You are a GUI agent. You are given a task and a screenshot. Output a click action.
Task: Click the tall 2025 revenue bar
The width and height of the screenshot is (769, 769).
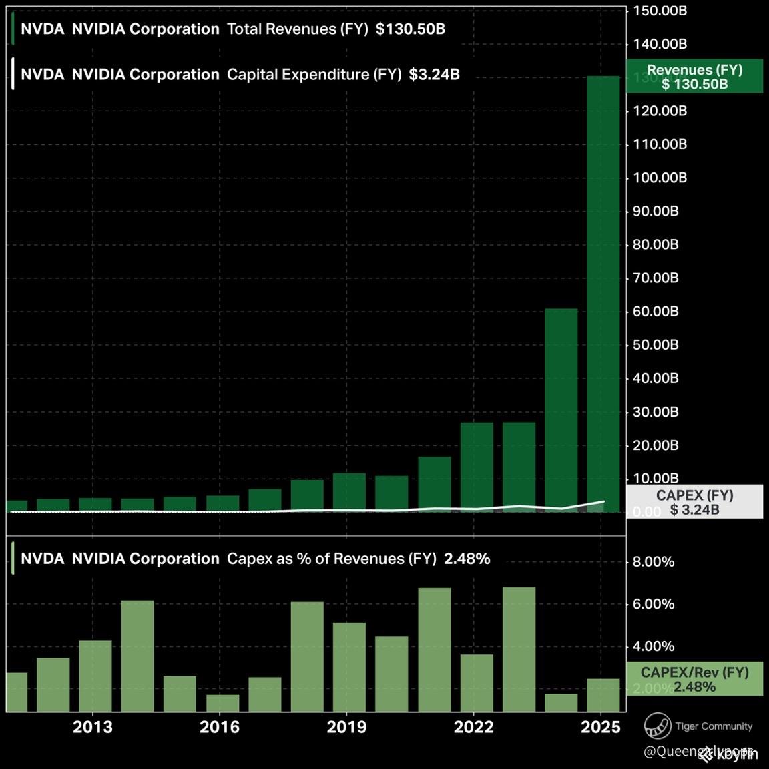[603, 294]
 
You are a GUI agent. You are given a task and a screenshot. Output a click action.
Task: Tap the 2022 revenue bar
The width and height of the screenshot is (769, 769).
[477, 467]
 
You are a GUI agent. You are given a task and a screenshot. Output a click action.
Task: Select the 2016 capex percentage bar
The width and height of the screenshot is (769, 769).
[222, 703]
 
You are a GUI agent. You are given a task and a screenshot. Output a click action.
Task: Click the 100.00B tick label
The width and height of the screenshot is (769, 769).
[660, 178]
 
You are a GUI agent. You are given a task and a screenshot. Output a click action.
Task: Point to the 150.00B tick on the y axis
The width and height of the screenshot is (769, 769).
[660, 11]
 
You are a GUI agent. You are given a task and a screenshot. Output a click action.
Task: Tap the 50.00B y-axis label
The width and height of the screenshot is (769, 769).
[656, 345]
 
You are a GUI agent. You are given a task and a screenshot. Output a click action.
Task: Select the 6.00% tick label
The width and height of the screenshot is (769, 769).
[654, 604]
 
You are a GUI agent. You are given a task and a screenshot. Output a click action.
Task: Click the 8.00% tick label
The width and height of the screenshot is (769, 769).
[654, 562]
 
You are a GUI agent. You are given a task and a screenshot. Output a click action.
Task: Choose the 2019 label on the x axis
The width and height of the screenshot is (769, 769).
[346, 727]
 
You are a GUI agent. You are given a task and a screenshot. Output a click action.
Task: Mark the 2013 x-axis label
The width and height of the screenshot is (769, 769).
[93, 727]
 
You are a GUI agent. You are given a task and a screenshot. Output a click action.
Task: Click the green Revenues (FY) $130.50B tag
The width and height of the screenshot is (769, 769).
[694, 77]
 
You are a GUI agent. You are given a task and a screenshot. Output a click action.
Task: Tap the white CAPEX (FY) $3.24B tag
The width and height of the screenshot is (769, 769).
[694, 502]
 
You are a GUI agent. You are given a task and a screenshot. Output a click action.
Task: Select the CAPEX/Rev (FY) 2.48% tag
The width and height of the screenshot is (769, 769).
[694, 680]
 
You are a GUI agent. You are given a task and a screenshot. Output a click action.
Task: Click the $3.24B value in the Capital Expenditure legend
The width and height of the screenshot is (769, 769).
[434, 75]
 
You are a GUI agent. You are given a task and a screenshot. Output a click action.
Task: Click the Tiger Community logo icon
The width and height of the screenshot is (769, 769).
[657, 726]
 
